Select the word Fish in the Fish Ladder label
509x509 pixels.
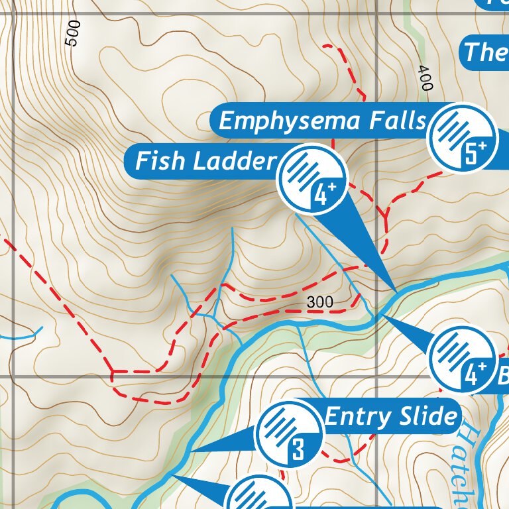coord(160,161)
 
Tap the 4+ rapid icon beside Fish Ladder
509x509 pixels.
coord(311,178)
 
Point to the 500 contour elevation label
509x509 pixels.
coord(73,32)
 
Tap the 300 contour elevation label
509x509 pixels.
coord(320,302)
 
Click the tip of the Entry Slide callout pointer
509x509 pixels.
coord(190,452)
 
